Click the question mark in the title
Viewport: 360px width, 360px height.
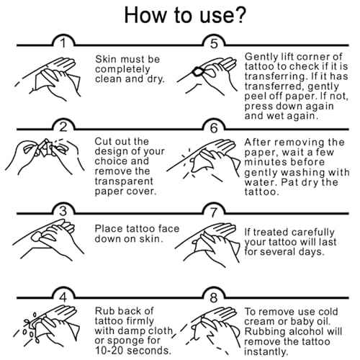click(x=238, y=15)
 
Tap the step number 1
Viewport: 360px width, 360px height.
click(x=63, y=43)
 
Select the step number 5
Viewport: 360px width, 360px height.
click(x=214, y=44)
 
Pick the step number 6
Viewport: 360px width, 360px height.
click(x=214, y=127)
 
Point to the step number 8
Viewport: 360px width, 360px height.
click(x=214, y=298)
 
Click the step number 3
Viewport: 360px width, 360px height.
click(x=63, y=212)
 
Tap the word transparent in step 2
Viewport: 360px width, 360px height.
click(x=124, y=181)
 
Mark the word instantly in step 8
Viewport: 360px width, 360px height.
click(x=266, y=352)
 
